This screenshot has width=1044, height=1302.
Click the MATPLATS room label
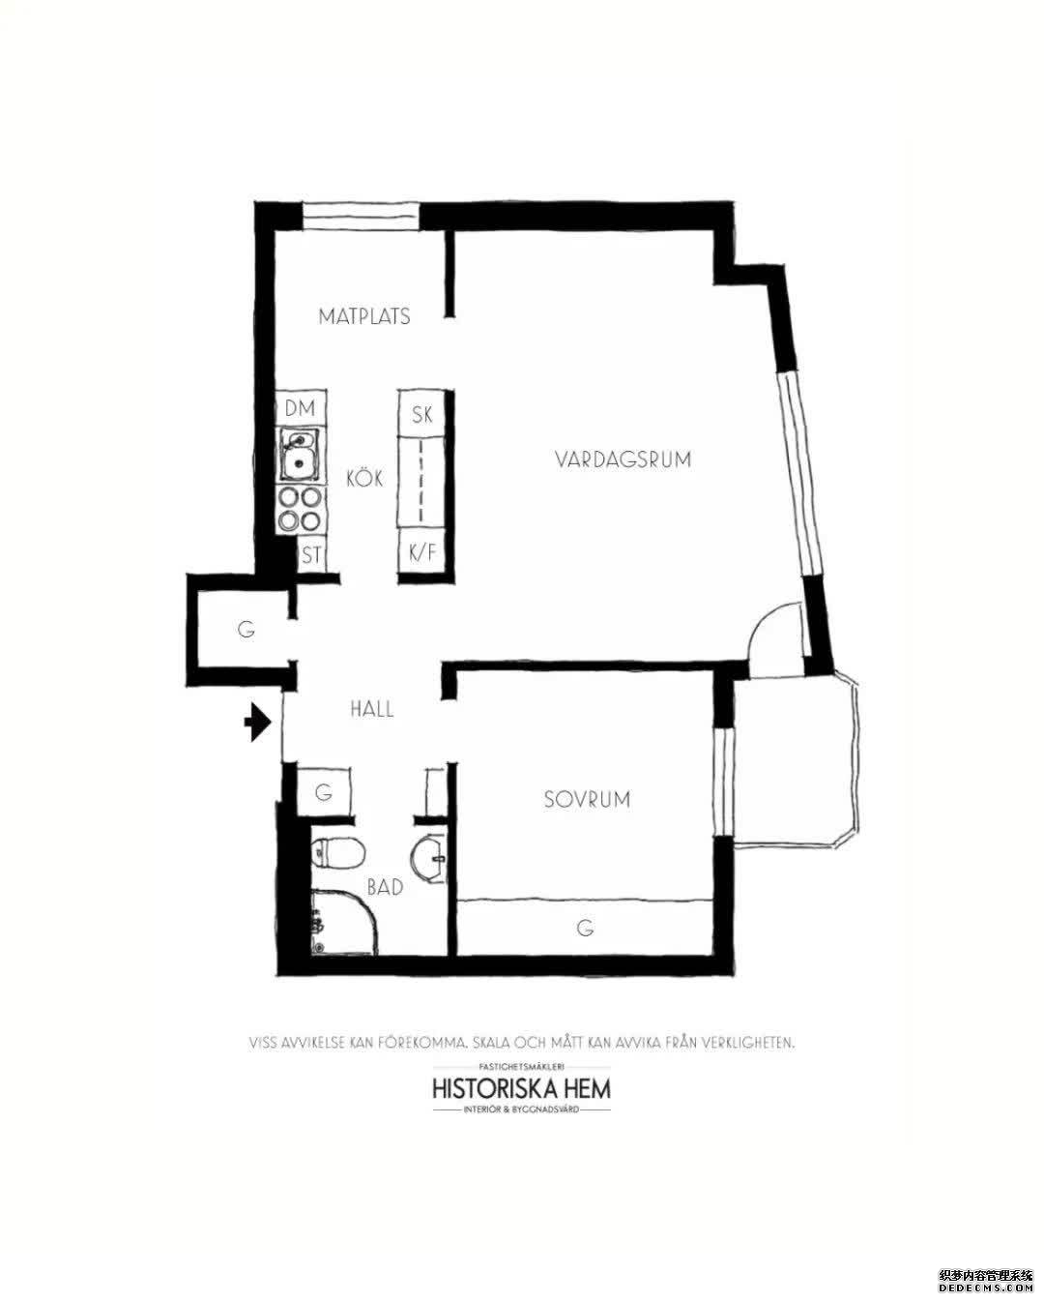click(364, 316)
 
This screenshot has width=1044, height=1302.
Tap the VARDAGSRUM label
click(623, 459)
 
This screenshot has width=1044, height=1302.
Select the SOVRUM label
click(586, 799)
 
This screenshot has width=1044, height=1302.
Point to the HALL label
click(372, 709)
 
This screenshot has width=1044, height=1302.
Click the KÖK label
click(365, 478)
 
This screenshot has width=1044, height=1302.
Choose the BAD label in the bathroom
click(385, 885)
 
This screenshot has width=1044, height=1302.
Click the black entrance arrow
click(257, 722)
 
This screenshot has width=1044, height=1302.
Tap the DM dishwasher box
click(301, 408)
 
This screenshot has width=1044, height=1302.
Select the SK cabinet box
click(422, 415)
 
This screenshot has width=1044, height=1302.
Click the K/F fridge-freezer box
click(422, 553)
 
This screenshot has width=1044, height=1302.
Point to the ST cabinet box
click(310, 555)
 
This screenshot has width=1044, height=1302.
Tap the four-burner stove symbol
click(300, 510)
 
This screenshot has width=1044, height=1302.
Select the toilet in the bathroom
click(338, 853)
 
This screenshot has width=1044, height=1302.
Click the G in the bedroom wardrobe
click(584, 929)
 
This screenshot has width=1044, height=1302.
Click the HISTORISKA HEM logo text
click(521, 1087)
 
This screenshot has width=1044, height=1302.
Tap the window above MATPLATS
click(361, 216)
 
